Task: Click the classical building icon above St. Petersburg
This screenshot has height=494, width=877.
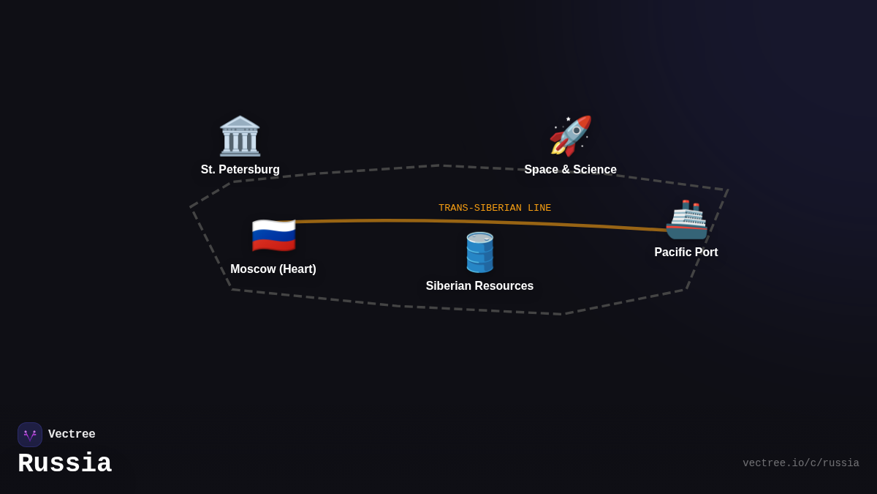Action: coord(240,136)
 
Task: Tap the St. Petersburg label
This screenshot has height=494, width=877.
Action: coord(240,170)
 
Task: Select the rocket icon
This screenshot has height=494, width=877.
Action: coord(570,136)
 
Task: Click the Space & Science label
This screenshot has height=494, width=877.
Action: coord(570,170)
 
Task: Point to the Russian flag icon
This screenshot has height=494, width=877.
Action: coord(273,236)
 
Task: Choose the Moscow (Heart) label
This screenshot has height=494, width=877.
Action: coord(273,269)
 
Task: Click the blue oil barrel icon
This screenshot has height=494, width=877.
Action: coord(479,252)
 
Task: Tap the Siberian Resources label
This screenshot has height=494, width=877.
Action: coord(479,286)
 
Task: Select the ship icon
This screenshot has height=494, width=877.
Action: coord(686,220)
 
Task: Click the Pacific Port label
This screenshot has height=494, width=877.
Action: coord(686,252)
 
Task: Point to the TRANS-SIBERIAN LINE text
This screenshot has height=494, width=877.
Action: coord(495,208)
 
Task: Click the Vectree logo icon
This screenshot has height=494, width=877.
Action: coord(30,435)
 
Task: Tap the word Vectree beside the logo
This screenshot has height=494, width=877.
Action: coord(72,435)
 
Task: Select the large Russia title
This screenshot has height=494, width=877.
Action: coord(64,464)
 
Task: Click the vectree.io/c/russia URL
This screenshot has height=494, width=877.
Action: coord(800,463)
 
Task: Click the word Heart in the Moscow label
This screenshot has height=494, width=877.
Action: coord(297,269)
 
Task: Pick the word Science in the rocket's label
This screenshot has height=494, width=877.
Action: coord(593,170)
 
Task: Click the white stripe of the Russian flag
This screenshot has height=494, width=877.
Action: coord(273,225)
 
